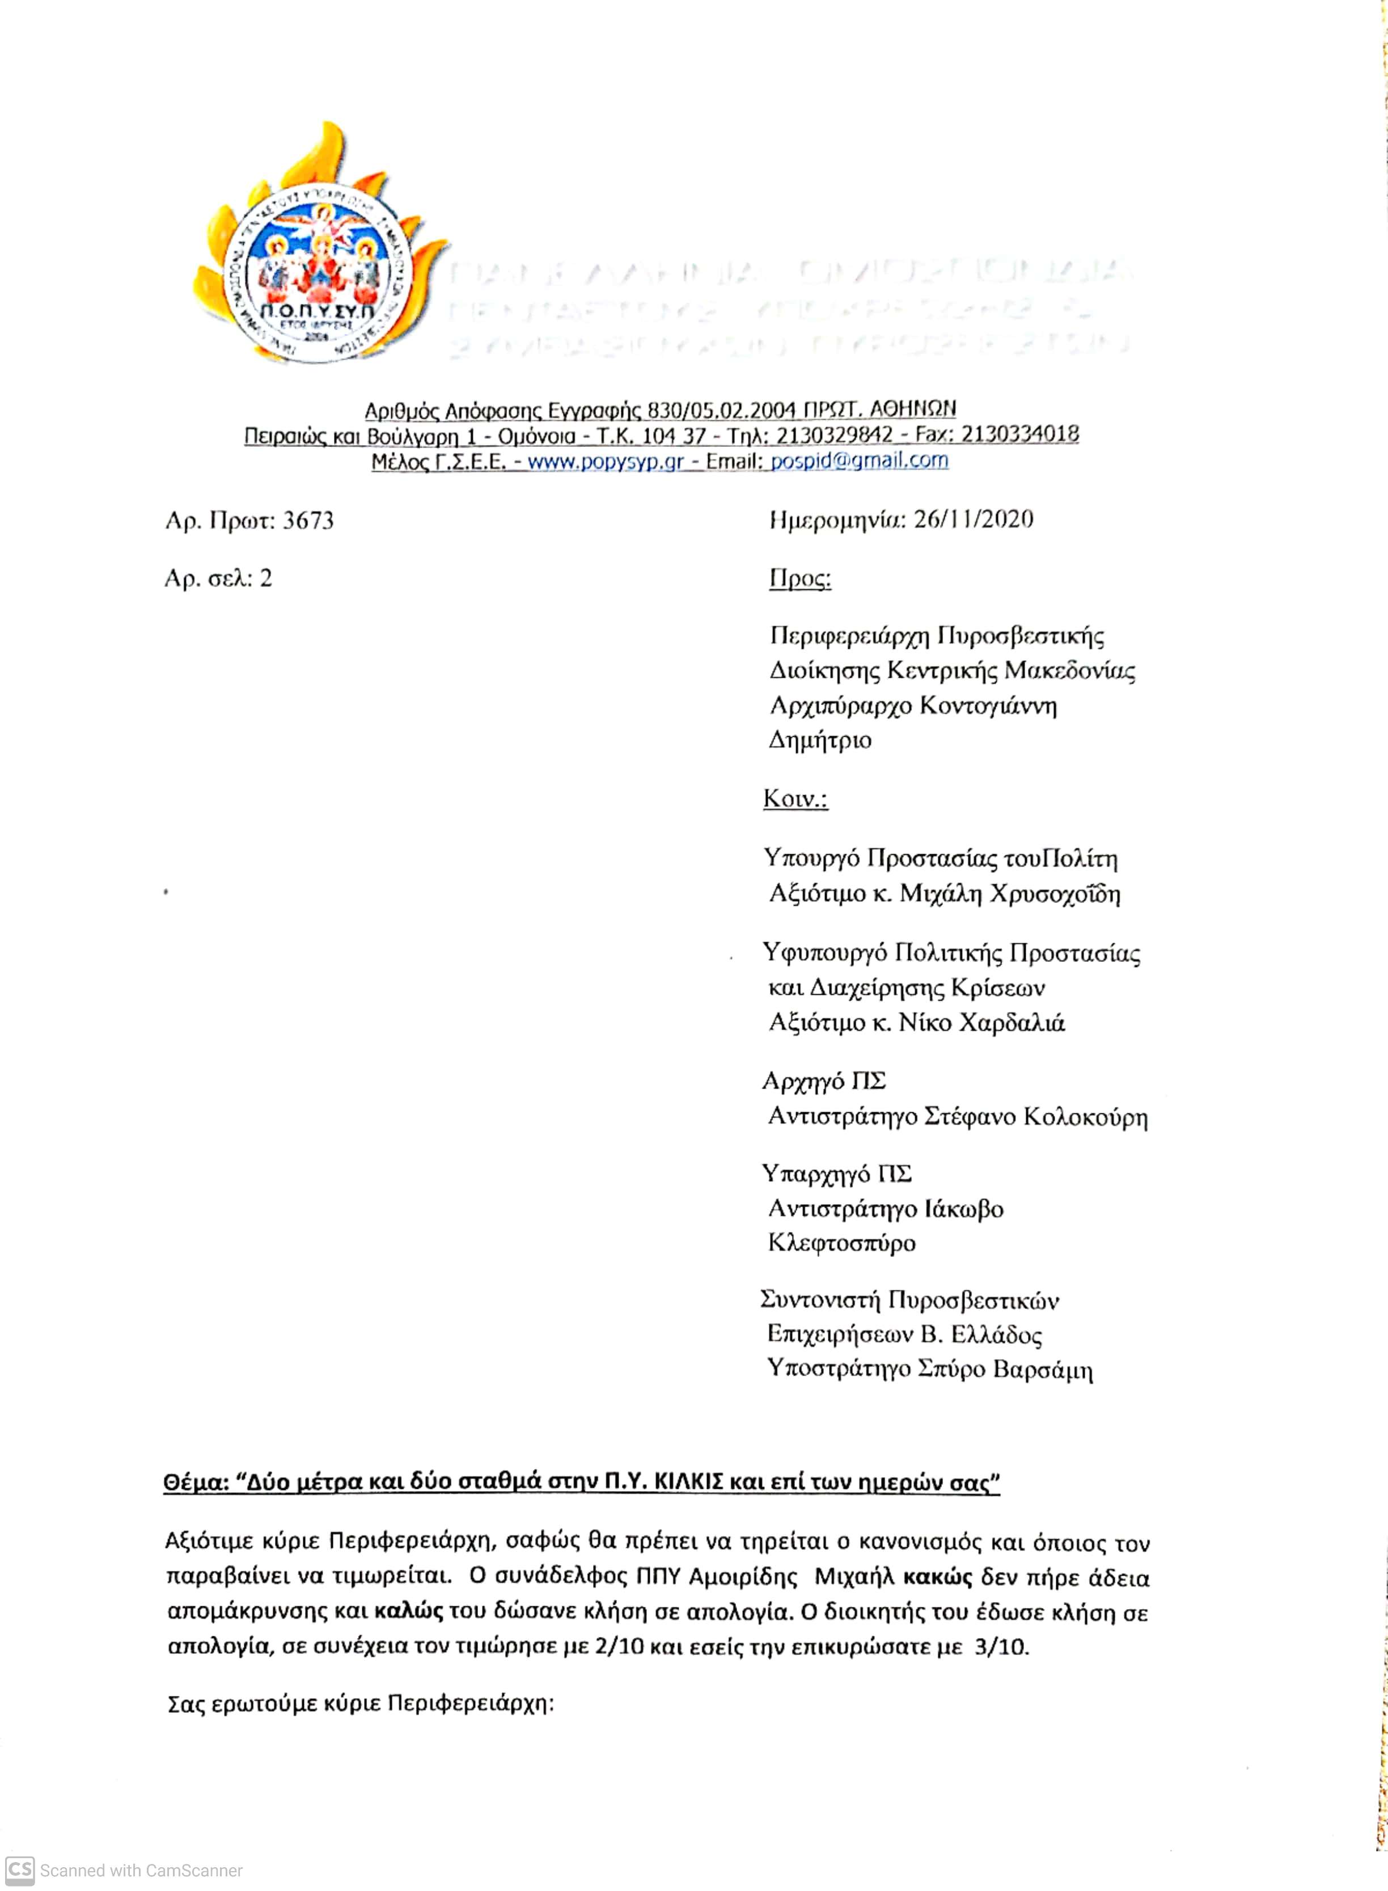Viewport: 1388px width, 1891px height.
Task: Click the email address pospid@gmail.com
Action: [x=860, y=461]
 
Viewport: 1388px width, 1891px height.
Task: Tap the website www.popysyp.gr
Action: [x=605, y=461]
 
